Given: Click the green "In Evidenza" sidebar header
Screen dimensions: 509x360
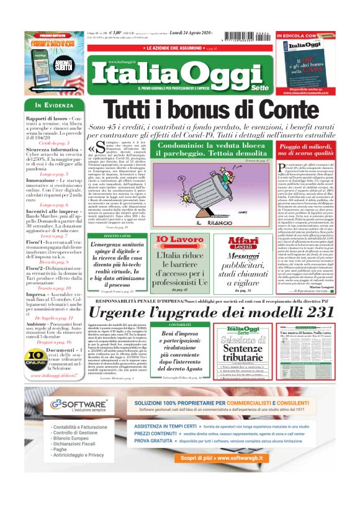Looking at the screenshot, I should click(55, 104).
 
